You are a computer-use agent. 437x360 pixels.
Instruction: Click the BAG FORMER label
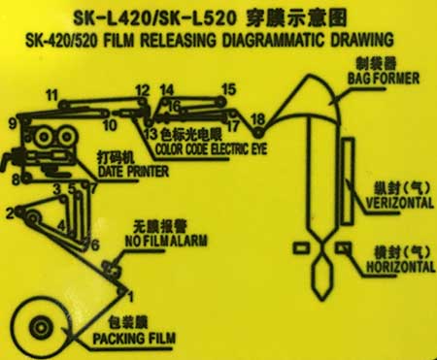pyautogui.click(x=384, y=79)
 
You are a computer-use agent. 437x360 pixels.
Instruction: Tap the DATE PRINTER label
pyautogui.click(x=133, y=171)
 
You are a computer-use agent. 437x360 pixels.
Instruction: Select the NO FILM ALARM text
pyautogui.click(x=166, y=241)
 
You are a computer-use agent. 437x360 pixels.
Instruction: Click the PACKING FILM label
pyautogui.click(x=134, y=339)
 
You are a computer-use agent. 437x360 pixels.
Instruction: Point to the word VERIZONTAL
pyautogui.click(x=399, y=203)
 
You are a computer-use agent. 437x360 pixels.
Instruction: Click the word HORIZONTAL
pyautogui.click(x=400, y=267)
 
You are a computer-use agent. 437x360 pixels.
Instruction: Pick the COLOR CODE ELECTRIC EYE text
pyautogui.click(x=212, y=149)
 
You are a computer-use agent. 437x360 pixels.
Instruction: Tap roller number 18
pyautogui.click(x=258, y=132)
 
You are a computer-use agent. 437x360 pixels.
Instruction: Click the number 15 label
pyautogui.click(x=229, y=89)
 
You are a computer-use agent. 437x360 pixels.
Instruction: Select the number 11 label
pyautogui.click(x=51, y=95)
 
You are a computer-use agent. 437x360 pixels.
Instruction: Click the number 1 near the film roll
pyautogui.click(x=130, y=297)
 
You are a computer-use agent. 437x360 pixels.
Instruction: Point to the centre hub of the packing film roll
pyautogui.click(x=41, y=328)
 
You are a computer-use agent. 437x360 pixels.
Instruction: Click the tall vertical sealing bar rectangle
pyautogui.click(x=348, y=181)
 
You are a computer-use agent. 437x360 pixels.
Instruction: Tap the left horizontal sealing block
pyautogui.click(x=301, y=248)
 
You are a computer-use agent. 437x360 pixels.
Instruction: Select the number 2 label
pyautogui.click(x=11, y=213)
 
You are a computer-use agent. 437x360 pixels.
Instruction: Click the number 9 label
pyautogui.click(x=13, y=123)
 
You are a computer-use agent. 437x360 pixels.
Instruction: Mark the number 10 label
pyautogui.click(x=110, y=125)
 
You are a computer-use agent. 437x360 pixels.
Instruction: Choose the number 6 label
pyautogui.click(x=94, y=245)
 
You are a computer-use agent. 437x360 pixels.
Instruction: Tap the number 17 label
pyautogui.click(x=232, y=126)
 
